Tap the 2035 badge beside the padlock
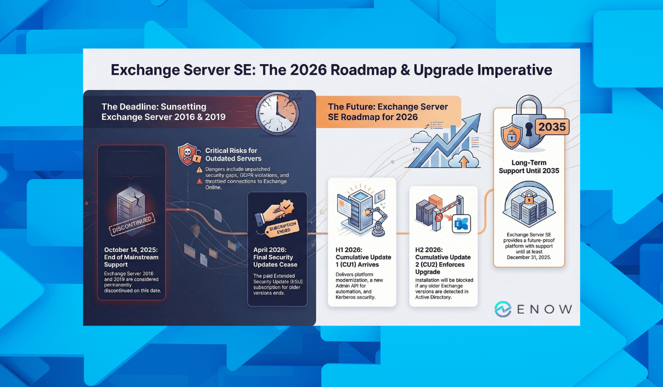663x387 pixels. coord(552,127)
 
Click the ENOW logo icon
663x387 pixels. coord(503,309)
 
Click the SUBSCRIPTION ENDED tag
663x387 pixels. coord(283,228)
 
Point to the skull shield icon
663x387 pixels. coord(188,154)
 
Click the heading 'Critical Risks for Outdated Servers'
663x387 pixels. coord(233,155)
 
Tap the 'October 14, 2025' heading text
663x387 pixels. coord(131,249)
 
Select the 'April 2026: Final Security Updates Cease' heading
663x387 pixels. coord(275,257)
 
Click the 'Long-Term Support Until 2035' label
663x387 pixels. coord(529,166)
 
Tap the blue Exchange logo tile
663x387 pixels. coord(461,223)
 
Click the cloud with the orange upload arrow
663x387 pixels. coord(464,159)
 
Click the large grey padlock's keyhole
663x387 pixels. coord(529,128)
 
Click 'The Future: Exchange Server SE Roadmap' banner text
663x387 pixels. coord(388,112)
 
